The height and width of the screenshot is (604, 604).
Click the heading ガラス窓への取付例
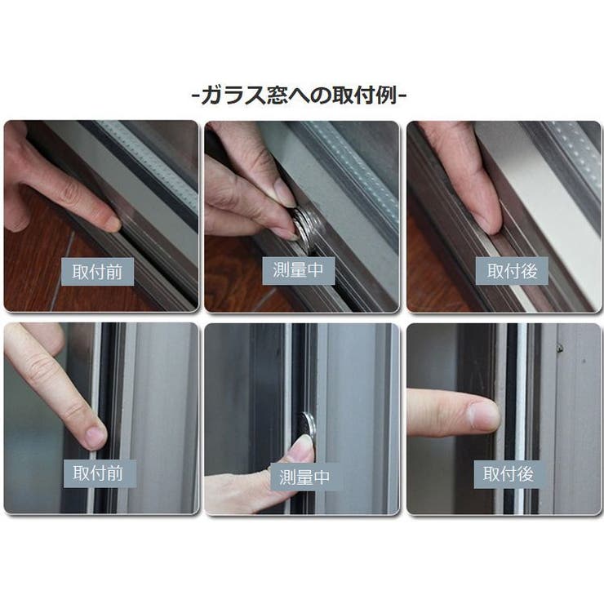pos(299,95)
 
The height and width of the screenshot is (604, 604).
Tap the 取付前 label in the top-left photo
pos(97,272)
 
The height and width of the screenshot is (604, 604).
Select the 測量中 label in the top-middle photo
pos(298,271)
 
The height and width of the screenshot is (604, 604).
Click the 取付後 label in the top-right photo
pos(512,271)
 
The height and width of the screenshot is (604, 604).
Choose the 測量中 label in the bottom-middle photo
pos(304,477)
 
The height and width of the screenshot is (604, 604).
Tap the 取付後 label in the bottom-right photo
pos(509,474)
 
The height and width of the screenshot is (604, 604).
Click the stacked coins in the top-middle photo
pos(305,225)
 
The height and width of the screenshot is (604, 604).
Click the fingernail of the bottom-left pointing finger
pos(95,437)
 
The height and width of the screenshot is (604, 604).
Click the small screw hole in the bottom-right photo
pos(560,349)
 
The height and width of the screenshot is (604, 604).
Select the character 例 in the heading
pos(387,95)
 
